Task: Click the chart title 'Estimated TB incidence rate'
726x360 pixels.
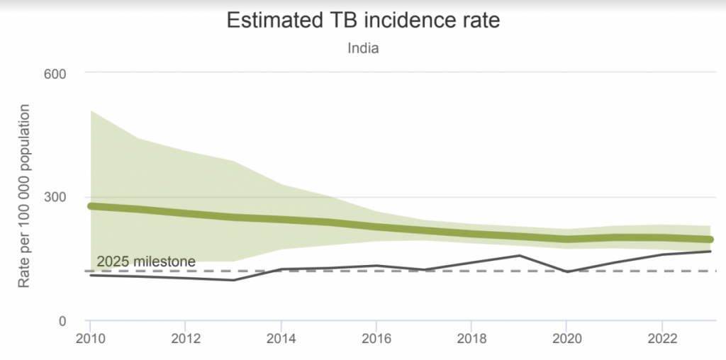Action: pyautogui.click(x=363, y=20)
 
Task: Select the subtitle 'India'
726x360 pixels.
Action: pyautogui.click(x=363, y=48)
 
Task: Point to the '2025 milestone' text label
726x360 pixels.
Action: pyautogui.click(x=146, y=261)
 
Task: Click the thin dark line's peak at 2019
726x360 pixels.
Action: pyautogui.click(x=520, y=255)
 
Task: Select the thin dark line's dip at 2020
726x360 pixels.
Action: pyautogui.click(x=566, y=271)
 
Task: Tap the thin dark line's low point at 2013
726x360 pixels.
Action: pyautogui.click(x=234, y=280)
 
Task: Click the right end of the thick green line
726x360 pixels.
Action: pyautogui.click(x=709, y=240)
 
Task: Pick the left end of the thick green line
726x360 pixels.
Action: pyautogui.click(x=91, y=206)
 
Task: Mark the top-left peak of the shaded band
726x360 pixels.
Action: pyautogui.click(x=91, y=111)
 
